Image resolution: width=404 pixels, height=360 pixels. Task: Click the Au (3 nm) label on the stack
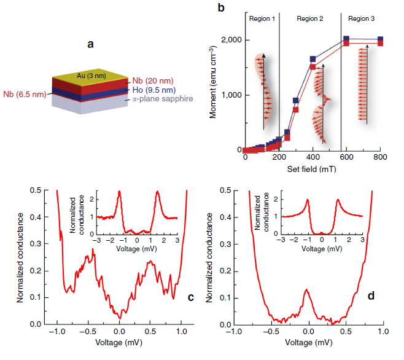89,76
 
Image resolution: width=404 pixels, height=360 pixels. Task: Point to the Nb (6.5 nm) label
23,93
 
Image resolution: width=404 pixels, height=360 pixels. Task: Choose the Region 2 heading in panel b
310,19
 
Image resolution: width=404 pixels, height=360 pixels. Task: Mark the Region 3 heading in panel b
361,19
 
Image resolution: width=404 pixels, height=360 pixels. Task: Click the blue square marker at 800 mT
380,39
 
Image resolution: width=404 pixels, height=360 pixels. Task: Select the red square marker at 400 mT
313,66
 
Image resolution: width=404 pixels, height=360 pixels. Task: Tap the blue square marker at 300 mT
296,100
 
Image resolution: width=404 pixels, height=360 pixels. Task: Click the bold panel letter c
190,297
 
